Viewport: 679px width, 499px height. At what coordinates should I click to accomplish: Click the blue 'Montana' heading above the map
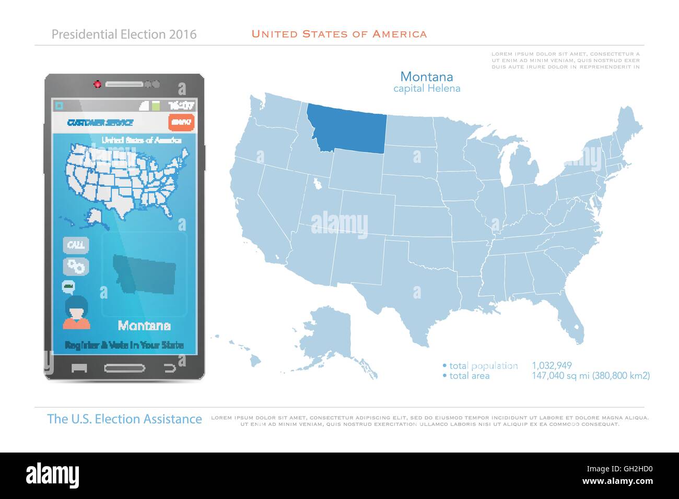[x=426, y=76]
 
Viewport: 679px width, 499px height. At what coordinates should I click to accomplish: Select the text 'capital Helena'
[x=426, y=88]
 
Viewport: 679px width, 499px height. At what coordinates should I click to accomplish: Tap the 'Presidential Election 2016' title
[x=124, y=34]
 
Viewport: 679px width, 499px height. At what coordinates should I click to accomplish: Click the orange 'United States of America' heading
[x=339, y=34]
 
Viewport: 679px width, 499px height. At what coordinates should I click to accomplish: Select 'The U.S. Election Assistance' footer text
[x=124, y=419]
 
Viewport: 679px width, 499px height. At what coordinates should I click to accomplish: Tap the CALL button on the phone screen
[x=76, y=245]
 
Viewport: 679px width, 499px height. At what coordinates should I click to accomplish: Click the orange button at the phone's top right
[x=181, y=122]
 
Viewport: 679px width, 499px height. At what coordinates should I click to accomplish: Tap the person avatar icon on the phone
[x=77, y=312]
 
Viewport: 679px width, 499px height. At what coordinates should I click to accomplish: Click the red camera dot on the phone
[x=97, y=84]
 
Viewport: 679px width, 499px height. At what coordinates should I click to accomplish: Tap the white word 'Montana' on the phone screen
[x=144, y=326]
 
